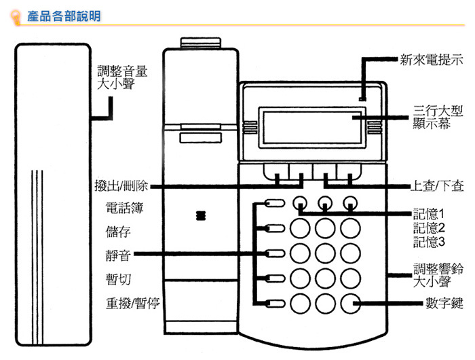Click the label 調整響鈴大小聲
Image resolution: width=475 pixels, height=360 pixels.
point(438,274)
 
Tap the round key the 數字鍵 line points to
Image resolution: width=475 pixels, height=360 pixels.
point(351,303)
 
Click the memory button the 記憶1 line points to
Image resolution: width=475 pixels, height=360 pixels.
point(300,202)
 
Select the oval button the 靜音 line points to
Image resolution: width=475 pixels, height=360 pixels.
point(275,254)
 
